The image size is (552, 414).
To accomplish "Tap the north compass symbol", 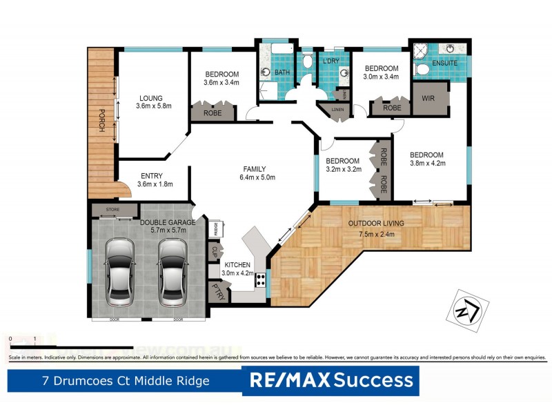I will pyautogui.click(x=468, y=310).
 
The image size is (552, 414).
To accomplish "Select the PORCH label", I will pyautogui.click(x=101, y=122).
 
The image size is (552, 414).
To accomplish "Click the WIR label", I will pyautogui.click(x=428, y=99).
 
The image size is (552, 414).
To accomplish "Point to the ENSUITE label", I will pyautogui.click(x=445, y=63).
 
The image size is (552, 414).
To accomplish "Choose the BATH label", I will pyautogui.click(x=282, y=72).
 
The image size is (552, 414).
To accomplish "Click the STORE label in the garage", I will pyautogui.click(x=113, y=209).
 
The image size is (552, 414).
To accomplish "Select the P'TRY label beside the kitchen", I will pyautogui.click(x=218, y=290).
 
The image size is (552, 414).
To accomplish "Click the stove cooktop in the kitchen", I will pyautogui.click(x=262, y=280).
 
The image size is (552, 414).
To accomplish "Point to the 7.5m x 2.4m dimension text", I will pyautogui.click(x=376, y=234).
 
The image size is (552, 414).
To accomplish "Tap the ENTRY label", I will pyautogui.click(x=151, y=175).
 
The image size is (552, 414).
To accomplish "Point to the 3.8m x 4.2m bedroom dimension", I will pyautogui.click(x=428, y=164).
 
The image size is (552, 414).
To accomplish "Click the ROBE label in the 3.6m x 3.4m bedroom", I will pyautogui.click(x=213, y=112).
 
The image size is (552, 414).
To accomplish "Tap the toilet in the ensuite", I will pyautogui.click(x=422, y=69).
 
